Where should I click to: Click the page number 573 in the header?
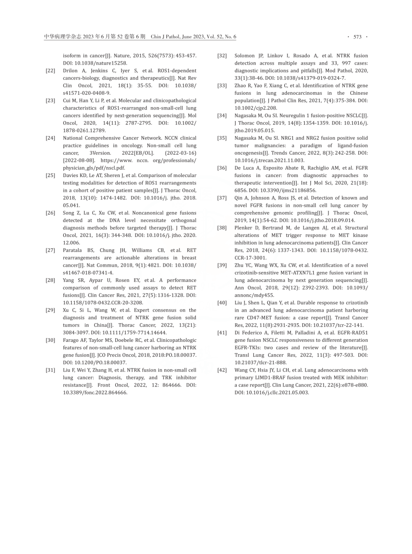pyautogui.click(x=357, y=37)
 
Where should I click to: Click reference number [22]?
pyautogui.click(x=50, y=71)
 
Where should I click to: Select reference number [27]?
pyautogui.click(x=50, y=251)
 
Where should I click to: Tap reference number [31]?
pyautogui.click(x=50, y=370)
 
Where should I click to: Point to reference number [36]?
pyautogui.click(x=222, y=168)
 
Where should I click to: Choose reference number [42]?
pyautogui.click(x=222, y=370)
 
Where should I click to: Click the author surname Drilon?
pyautogui.click(x=70, y=71)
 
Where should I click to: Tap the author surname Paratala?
pyautogui.click(x=72, y=251)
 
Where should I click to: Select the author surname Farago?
pyautogui.click(x=71, y=340)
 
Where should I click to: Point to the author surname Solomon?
pyautogui.click(x=245, y=56)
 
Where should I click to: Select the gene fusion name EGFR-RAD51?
pyautogui.click(x=353, y=333)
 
